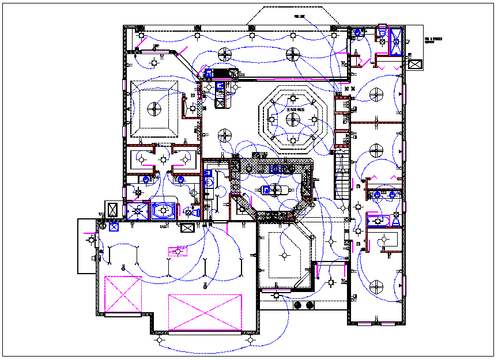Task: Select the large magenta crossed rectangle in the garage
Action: [205, 312]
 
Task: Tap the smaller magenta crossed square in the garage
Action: [122, 294]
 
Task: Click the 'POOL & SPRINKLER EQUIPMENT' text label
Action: [433, 41]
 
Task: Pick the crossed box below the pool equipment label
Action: [414, 63]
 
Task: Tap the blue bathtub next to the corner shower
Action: [163, 211]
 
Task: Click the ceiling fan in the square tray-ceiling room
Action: [153, 108]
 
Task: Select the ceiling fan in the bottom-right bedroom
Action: [376, 286]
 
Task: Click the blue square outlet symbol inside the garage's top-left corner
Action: [114, 226]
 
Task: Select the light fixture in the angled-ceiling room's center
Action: [283, 255]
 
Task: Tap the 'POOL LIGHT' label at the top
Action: [299, 17]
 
